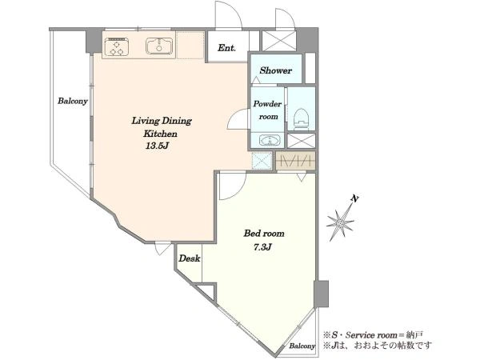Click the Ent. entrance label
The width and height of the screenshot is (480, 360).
tap(227, 48)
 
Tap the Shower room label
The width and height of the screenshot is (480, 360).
tap(275, 70)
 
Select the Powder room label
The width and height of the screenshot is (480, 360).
tap(267, 110)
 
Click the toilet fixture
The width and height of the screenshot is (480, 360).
tap(302, 119)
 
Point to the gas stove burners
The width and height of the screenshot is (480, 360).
tap(116, 47)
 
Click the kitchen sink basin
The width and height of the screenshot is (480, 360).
tap(159, 46)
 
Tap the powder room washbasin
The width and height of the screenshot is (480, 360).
tap(270, 141)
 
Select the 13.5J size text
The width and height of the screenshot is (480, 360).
tap(158, 146)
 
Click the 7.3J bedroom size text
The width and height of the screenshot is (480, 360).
tap(262, 246)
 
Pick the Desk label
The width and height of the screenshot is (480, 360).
tap(190, 258)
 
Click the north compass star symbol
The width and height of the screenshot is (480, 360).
tap(340, 222)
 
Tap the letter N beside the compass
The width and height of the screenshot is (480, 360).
tap(354, 198)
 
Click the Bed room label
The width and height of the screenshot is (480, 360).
tap(264, 234)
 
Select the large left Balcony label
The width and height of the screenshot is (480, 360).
tap(73, 101)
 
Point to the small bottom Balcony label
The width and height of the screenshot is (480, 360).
tap(302, 346)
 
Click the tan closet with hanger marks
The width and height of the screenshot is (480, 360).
tap(296, 161)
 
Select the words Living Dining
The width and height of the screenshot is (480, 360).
tap(162, 121)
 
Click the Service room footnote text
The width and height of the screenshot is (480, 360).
tap(374, 335)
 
